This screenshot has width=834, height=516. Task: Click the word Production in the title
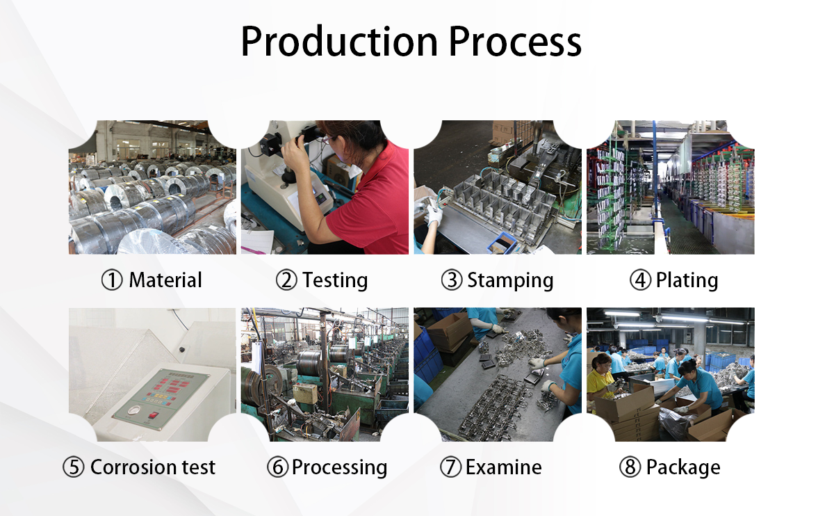[339, 42]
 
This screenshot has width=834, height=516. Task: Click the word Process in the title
[515, 42]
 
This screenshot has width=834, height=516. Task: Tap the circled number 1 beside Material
[111, 280]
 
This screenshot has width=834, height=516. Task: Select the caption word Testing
[335, 280]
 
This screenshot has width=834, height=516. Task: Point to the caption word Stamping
[510, 280]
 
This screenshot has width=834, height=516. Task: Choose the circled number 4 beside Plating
[639, 280]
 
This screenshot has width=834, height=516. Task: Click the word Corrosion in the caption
[131, 467]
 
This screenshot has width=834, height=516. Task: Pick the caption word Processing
[339, 467]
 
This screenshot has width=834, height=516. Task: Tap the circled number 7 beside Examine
[450, 467]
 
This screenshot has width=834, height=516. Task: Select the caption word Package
[683, 467]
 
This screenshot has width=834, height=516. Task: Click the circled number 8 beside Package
[630, 467]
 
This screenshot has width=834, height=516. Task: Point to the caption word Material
[165, 280]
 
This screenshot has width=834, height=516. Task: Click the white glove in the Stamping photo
[434, 216]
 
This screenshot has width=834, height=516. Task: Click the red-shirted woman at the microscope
[368, 195]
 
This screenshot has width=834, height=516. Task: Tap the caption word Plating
[687, 280]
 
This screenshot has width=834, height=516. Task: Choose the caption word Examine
[503, 467]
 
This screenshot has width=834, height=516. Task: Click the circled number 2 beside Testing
[286, 280]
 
